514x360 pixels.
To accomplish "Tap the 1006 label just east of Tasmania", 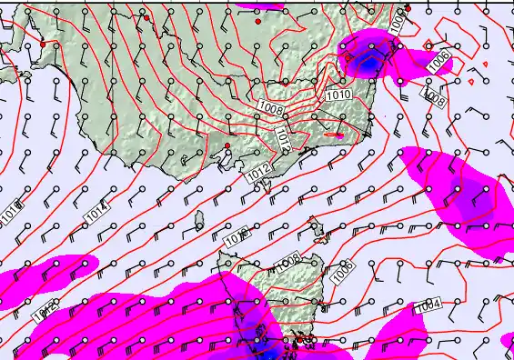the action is click(x=342, y=269).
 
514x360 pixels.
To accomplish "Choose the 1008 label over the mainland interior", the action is click(x=271, y=110).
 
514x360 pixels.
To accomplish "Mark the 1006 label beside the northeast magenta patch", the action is click(x=439, y=60).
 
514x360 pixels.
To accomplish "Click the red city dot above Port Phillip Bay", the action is click(x=227, y=145).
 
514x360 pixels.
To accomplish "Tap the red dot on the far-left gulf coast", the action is click(x=43, y=44).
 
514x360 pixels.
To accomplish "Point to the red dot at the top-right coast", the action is click(x=407, y=8).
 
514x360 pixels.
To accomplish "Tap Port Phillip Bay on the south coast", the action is click(x=221, y=164).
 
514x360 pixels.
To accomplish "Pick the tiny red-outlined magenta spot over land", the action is click(x=339, y=135).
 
